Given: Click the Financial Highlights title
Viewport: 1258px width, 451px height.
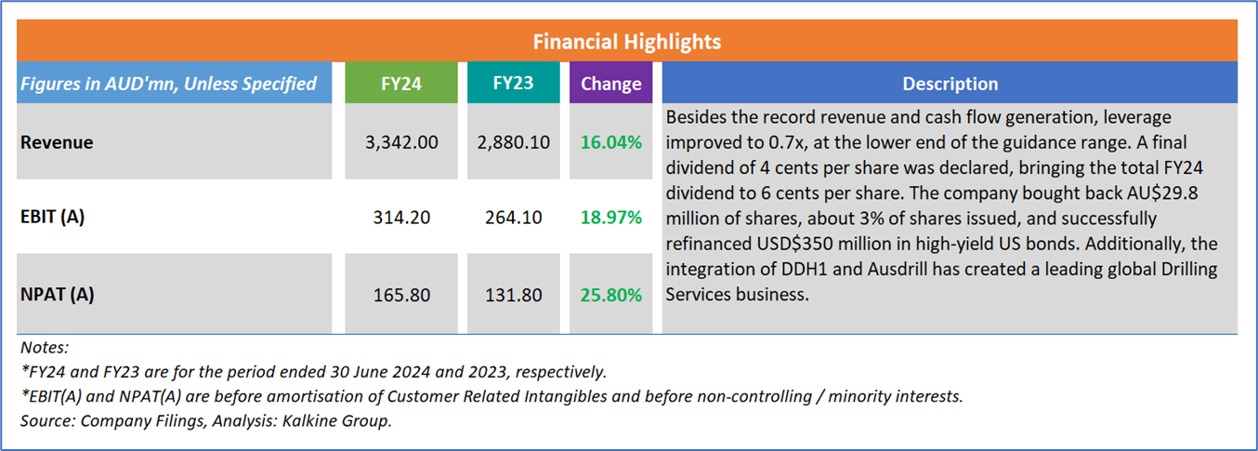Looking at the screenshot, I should [627, 42].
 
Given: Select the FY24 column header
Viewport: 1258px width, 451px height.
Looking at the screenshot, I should [401, 83].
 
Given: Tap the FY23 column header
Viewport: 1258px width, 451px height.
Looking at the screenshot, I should [512, 83].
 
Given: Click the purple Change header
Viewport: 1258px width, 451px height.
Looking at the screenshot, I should [610, 84].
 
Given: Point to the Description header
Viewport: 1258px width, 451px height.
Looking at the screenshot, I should [950, 84].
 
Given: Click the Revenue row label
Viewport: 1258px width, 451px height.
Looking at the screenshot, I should [58, 142].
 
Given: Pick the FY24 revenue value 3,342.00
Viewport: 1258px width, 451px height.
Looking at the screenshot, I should [401, 143].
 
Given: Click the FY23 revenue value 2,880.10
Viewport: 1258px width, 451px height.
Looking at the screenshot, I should [512, 143].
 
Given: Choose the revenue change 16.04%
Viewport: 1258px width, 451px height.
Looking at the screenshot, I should [610, 143].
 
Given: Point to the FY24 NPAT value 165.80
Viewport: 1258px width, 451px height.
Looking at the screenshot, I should [401, 296].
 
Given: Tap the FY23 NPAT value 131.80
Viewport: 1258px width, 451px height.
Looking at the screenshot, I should [512, 296].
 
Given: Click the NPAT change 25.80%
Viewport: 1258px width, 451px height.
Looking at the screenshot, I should [610, 296].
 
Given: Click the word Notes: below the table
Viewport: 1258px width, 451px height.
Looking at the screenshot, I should [45, 348].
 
